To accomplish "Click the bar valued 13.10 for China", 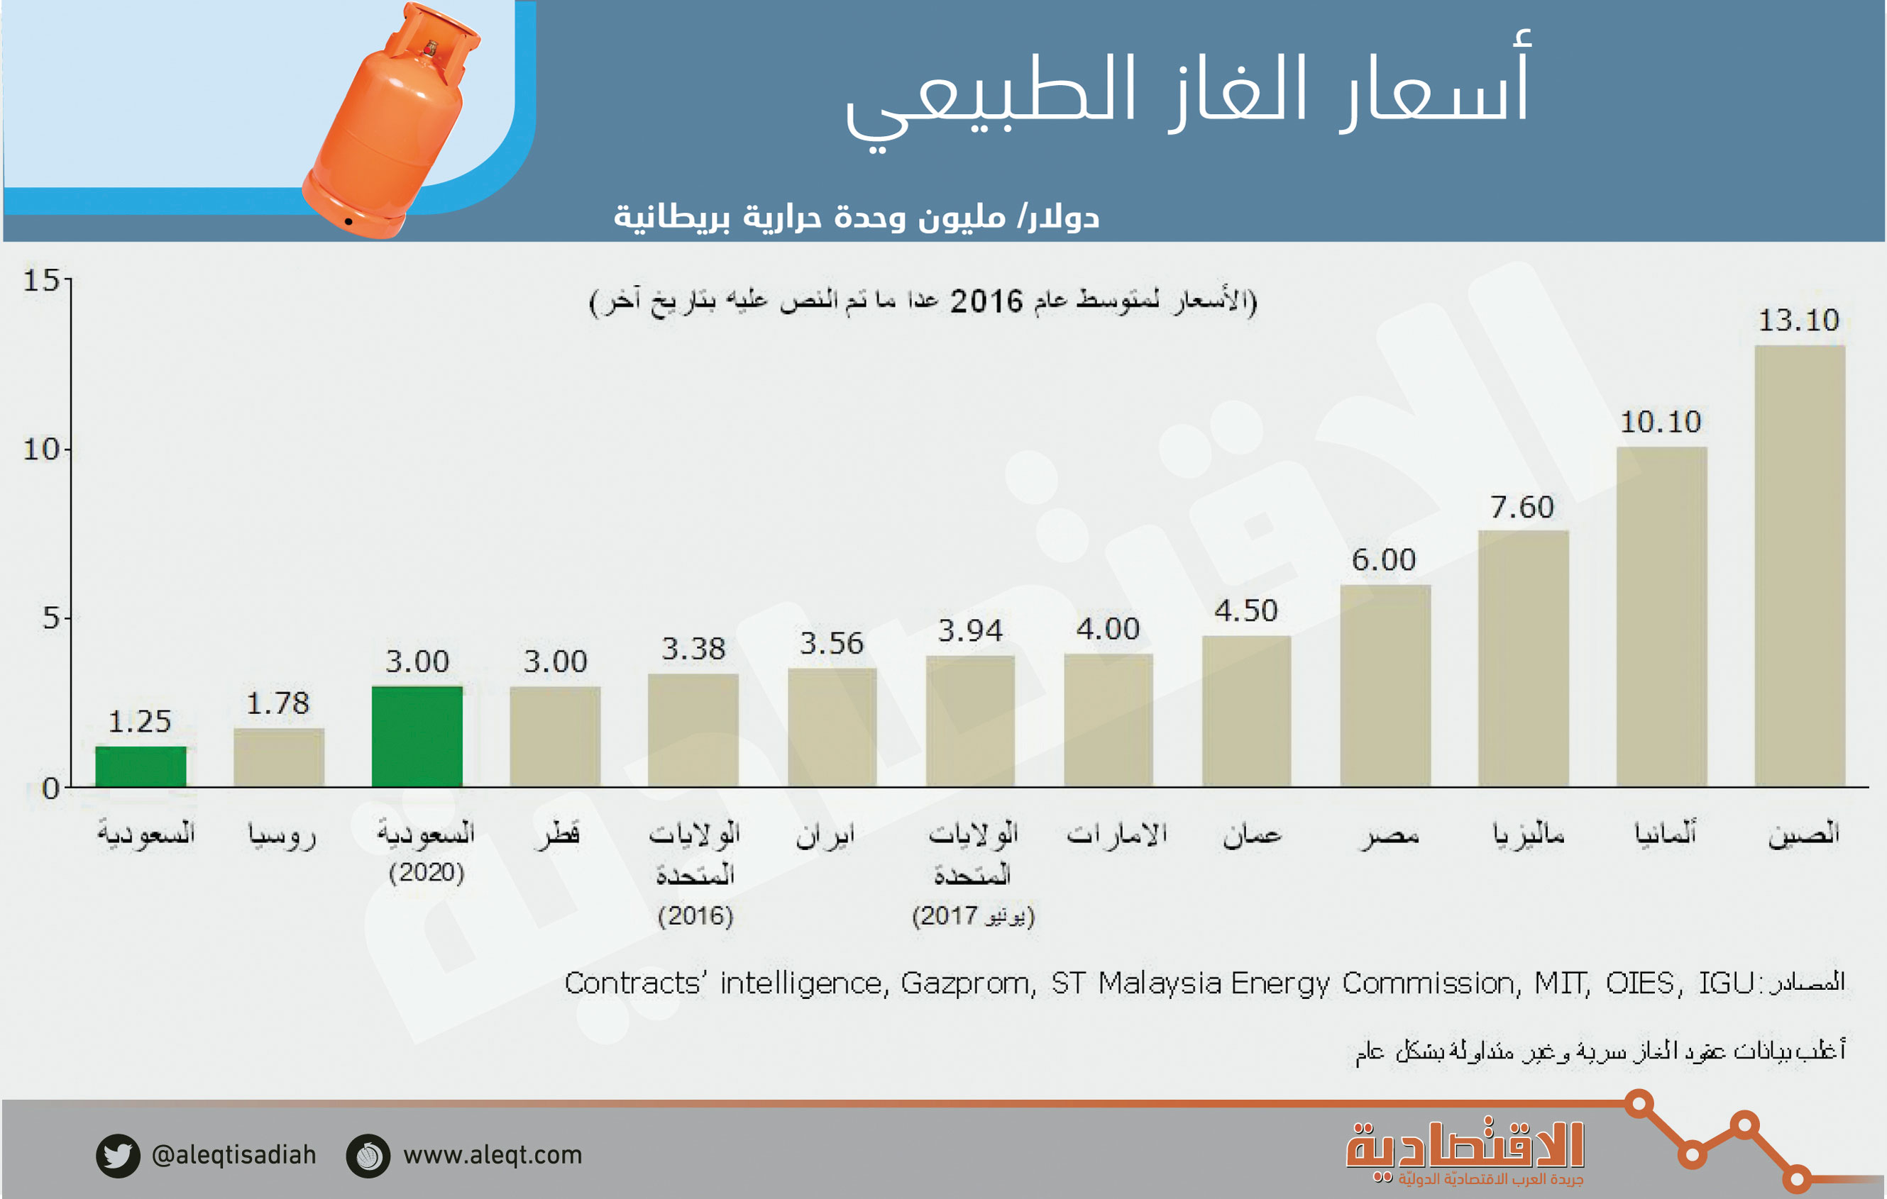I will [1799, 565].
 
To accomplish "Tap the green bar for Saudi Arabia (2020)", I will [417, 736].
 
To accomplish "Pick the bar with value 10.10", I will [1661, 616].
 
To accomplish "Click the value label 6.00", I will [1384, 560].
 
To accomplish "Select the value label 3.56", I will [832, 644].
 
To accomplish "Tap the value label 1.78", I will [278, 703].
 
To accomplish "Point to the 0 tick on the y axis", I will [51, 788].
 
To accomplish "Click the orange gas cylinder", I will [392, 121].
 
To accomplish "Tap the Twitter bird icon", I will [118, 1155].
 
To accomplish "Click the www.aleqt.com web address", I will [492, 1155].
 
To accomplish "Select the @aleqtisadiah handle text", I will [233, 1155].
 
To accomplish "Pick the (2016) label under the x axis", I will [695, 915].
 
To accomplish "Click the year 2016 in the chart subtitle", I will [986, 301].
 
